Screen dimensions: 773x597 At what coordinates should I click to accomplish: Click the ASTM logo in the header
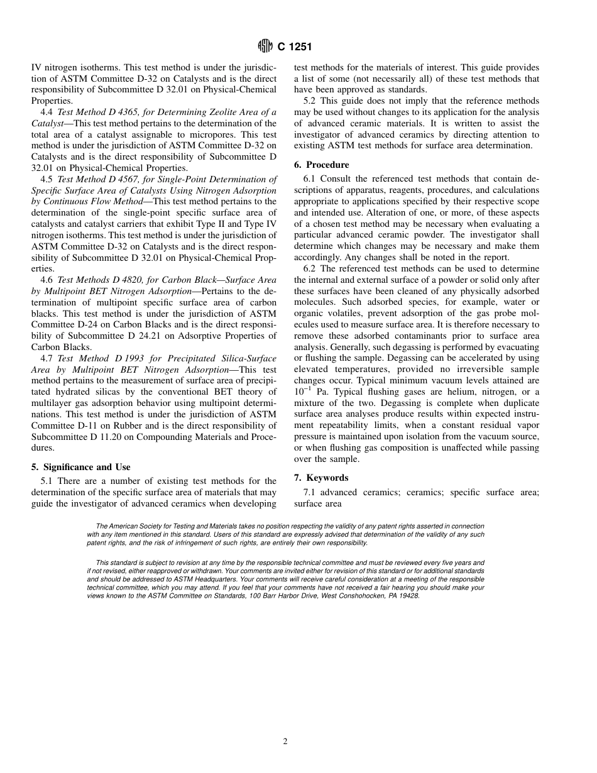tap(265, 47)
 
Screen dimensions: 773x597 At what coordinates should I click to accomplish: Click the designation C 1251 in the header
tap(295, 47)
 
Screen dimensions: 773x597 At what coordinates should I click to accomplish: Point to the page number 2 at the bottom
tap(285, 742)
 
